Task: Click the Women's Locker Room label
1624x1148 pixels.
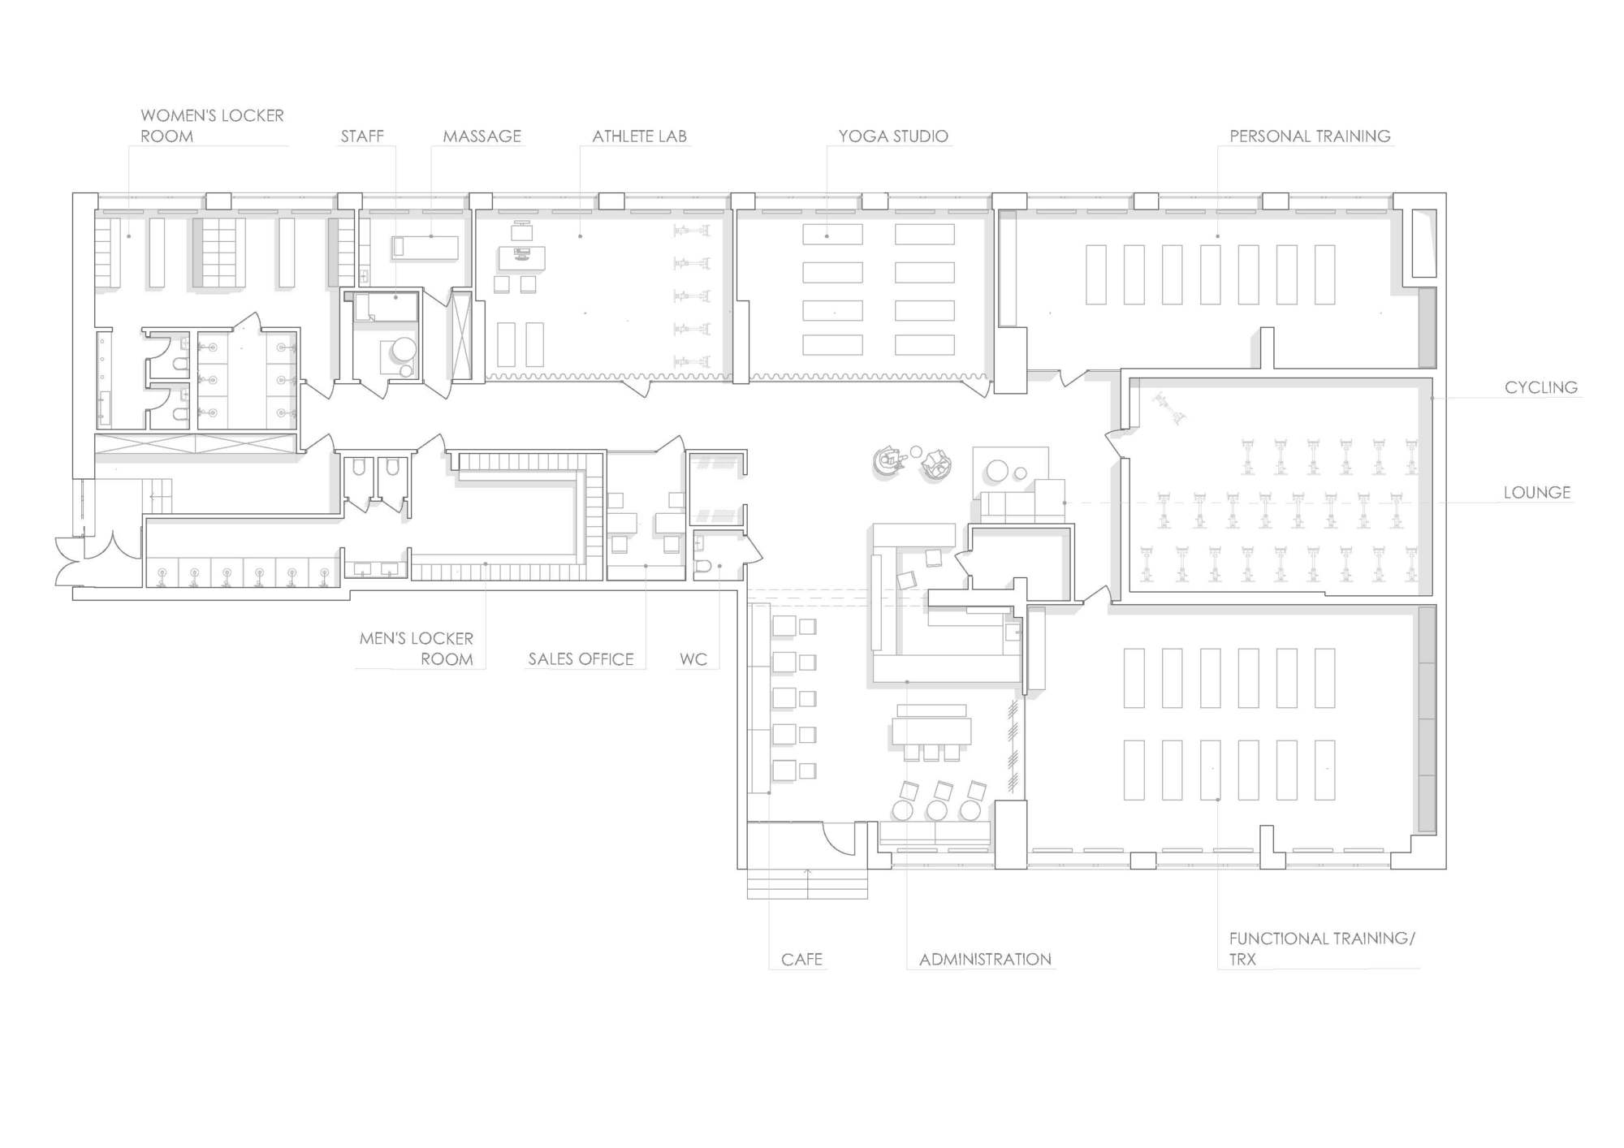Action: (212, 126)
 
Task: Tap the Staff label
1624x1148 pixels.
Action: (362, 136)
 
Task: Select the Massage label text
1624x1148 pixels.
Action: (482, 136)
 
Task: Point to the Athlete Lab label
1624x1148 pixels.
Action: (640, 136)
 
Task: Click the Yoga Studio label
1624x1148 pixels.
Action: (893, 136)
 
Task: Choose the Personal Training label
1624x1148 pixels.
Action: (1310, 136)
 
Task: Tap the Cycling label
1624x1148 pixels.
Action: (1541, 387)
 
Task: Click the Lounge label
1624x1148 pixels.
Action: (1537, 492)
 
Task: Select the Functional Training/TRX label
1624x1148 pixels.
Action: (1322, 948)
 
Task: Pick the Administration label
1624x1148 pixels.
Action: (985, 959)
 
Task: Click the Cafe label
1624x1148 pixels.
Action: (801, 959)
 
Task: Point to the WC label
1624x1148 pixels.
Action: (693, 658)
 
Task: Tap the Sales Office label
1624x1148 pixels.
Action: (581, 658)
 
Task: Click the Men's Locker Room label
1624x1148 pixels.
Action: (417, 649)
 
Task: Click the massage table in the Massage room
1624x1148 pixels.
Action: (425, 247)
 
